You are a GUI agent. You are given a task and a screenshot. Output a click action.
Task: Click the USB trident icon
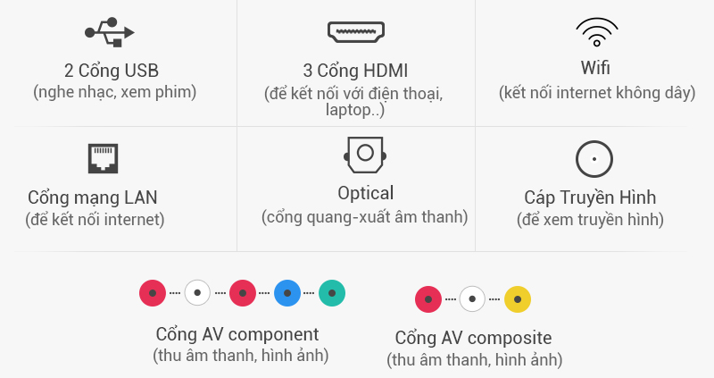pos(110,32)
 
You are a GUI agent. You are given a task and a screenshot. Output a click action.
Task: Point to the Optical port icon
pos(364,155)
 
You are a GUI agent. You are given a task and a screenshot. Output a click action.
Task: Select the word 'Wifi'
pos(595,69)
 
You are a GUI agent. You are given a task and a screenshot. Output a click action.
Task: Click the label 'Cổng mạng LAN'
pos(98,197)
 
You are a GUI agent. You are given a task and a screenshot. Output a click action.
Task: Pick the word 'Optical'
pos(365,193)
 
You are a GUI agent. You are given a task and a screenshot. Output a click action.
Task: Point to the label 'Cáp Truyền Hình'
pos(590,197)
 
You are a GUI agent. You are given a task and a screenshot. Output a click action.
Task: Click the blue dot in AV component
pos(286,292)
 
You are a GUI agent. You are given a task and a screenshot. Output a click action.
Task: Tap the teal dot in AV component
pos(331,292)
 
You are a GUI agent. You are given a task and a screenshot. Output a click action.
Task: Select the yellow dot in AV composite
pos(518,298)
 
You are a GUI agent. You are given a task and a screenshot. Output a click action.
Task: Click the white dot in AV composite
pos(473,298)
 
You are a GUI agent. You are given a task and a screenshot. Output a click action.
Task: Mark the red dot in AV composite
pos(428,298)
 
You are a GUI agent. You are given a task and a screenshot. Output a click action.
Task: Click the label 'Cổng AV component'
pos(237,334)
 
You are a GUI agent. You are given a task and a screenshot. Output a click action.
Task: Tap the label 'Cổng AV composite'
pos(473,338)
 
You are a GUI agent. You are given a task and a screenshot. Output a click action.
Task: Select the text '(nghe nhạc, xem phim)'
pos(114,91)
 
